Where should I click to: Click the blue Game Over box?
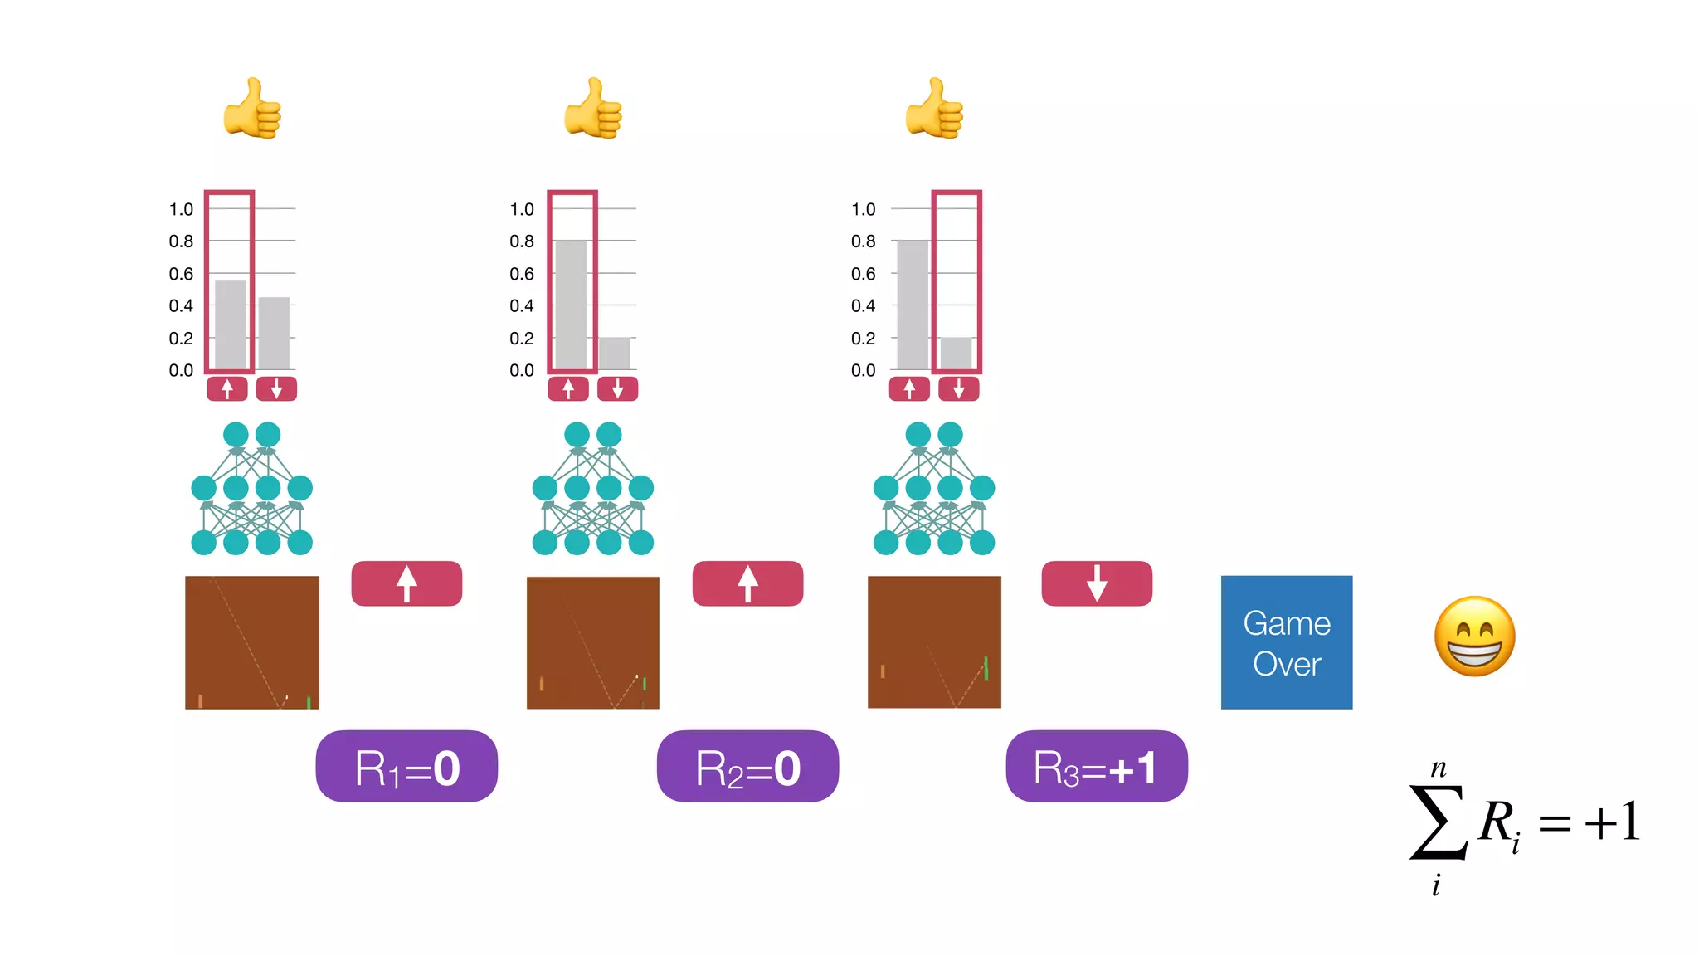[1286, 642]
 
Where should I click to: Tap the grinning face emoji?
[1474, 637]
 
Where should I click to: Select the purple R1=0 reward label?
[406, 767]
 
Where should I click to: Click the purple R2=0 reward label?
[747, 767]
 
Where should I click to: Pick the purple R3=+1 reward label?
[1096, 767]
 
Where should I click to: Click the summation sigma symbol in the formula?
[1438, 822]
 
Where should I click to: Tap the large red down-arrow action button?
[1096, 583]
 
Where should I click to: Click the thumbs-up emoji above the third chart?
[934, 109]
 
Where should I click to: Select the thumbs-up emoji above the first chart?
[252, 109]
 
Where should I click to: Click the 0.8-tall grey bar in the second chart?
[571, 305]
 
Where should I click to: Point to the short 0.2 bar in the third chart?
[956, 354]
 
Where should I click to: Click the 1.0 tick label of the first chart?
[181, 209]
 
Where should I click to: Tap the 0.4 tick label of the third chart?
[863, 305]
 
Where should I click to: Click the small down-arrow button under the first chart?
[276, 388]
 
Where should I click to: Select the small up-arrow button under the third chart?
[909, 388]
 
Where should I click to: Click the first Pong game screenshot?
[252, 642]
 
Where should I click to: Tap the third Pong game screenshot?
[934, 642]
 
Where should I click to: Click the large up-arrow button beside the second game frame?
[747, 583]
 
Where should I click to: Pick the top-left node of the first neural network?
[236, 434]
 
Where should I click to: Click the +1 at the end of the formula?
[1612, 822]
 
